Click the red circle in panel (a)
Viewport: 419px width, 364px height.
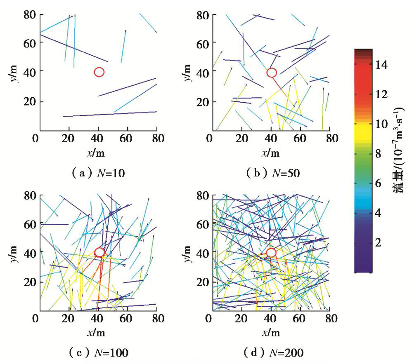click(x=99, y=72)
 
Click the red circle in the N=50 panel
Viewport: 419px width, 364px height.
click(x=271, y=73)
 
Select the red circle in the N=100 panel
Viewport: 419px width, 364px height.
click(x=99, y=252)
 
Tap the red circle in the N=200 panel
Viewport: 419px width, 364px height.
click(x=271, y=253)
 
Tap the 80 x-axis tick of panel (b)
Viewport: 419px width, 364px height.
click(x=329, y=138)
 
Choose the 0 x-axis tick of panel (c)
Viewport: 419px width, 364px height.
click(x=36, y=319)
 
